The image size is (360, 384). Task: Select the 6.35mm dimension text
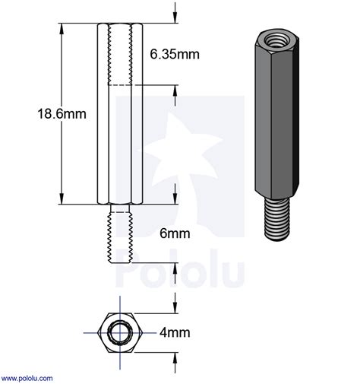coord(175,55)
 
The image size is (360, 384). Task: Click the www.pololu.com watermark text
coord(27,377)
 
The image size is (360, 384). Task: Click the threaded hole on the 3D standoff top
coord(272,37)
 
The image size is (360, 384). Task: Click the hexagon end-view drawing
coord(120,332)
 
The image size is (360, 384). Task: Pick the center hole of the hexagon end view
coord(120,332)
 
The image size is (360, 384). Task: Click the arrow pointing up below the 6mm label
coord(176,269)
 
